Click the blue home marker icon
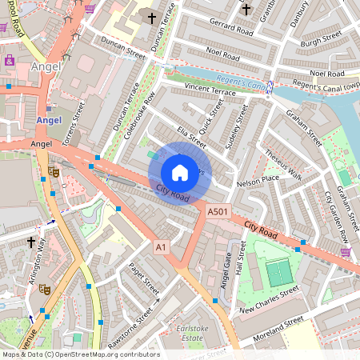pos(180,173)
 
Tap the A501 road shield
pos(218,212)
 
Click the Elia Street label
pos(193,135)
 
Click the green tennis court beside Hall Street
pos(278,273)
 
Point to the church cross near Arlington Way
pos(31,241)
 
